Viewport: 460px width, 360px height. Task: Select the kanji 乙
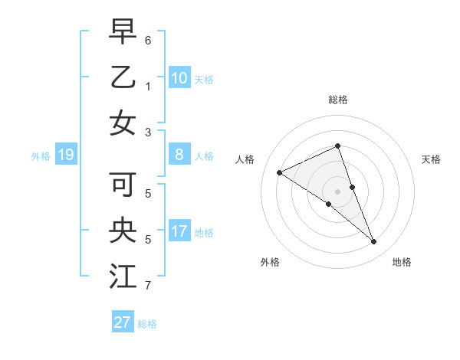[123, 77]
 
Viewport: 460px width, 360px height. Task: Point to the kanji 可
[123, 184]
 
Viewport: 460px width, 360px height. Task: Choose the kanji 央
[123, 230]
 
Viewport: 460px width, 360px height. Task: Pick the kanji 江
[123, 276]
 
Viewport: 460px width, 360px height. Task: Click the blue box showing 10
[179, 78]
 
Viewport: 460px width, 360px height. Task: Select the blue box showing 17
[179, 231]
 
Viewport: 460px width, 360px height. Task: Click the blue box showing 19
[65, 155]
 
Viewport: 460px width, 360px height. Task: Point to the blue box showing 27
[123, 322]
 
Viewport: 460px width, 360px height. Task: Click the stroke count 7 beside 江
[148, 286]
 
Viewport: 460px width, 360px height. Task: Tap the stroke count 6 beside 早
[148, 39]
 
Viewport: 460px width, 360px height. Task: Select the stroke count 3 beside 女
[148, 133]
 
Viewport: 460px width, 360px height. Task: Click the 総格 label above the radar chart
[338, 100]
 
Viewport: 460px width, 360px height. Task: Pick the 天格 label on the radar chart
[431, 159]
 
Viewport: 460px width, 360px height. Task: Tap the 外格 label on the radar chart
[270, 262]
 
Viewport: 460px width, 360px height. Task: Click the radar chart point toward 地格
[374, 242]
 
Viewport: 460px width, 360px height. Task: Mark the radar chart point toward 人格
[279, 172]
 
